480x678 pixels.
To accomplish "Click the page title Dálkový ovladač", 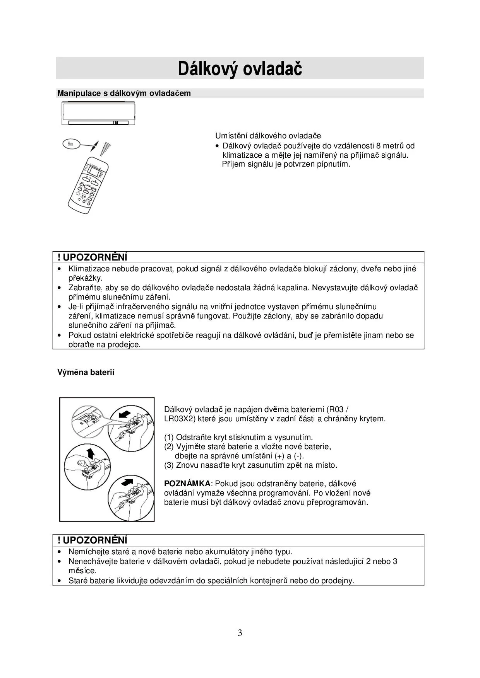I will click(240, 69).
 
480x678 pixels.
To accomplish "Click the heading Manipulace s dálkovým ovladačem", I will click(124, 93).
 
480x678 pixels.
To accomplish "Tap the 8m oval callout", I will click(71, 144).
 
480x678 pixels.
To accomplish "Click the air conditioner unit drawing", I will click(98, 113).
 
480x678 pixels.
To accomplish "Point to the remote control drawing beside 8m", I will click(88, 184).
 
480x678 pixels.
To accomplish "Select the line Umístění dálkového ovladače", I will click(268, 136).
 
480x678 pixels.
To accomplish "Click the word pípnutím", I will click(333, 164).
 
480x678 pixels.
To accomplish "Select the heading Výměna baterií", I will click(86, 372).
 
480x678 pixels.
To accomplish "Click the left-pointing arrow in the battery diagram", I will click(124, 414).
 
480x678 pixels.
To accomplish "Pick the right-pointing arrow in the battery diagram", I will click(127, 483).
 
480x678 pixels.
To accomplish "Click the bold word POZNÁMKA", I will click(187, 484).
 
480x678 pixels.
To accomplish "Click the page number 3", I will click(240, 633).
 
